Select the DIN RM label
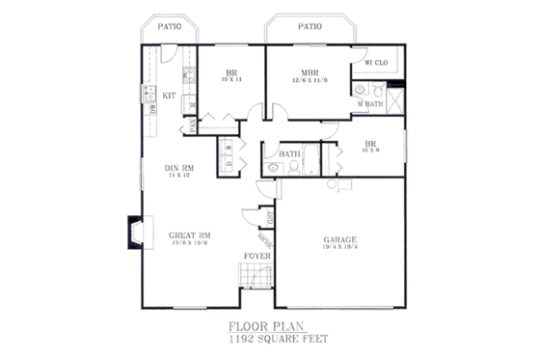tap(181, 168)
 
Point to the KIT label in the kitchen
tap(169, 95)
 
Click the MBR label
tap(310, 72)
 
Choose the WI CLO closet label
tap(375, 62)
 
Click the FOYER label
tap(256, 256)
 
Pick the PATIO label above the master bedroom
tap(309, 27)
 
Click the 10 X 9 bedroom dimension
tap(371, 150)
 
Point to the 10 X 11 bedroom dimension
tap(231, 81)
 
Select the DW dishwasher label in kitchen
tap(152, 110)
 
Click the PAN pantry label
tap(192, 123)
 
